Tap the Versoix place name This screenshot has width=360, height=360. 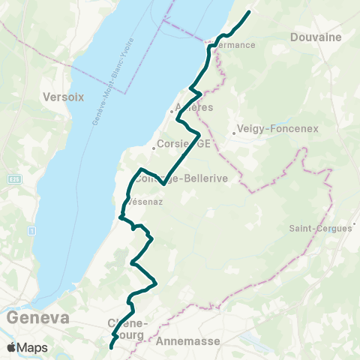pyautogui.click(x=63, y=97)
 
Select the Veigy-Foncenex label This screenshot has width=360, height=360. pyautogui.click(x=277, y=128)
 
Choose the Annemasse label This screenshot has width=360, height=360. pyautogui.click(x=188, y=341)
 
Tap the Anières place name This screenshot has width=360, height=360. pyautogui.click(x=193, y=108)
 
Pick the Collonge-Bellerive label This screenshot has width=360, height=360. pyautogui.click(x=171, y=179)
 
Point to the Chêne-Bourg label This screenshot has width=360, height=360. pyautogui.click(x=129, y=328)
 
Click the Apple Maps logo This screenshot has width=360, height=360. pyautogui.click(x=28, y=347)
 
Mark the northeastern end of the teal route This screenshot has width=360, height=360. pyautogui.click(x=248, y=12)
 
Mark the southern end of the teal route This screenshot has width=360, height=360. pyautogui.click(x=111, y=347)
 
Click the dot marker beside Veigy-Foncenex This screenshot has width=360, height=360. pyautogui.click(x=234, y=133)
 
